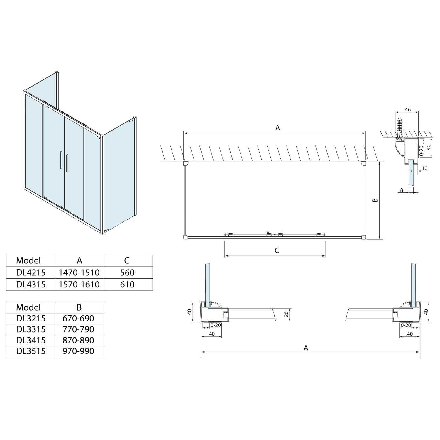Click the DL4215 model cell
point(31,273)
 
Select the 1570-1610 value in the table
point(79,284)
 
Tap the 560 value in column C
point(127,273)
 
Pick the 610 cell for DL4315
point(127,284)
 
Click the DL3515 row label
point(31,351)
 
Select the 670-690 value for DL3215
point(78,318)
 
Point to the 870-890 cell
point(78,340)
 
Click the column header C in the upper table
point(127,260)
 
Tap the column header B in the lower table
point(79,307)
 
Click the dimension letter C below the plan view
point(277,251)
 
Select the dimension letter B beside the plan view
point(375,200)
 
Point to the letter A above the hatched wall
point(277,128)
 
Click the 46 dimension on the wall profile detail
point(407,110)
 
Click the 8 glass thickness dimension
point(402,190)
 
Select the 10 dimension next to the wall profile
point(424,168)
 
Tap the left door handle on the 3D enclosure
point(61,160)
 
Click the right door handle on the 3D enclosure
point(67,163)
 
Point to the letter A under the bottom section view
point(306,348)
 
